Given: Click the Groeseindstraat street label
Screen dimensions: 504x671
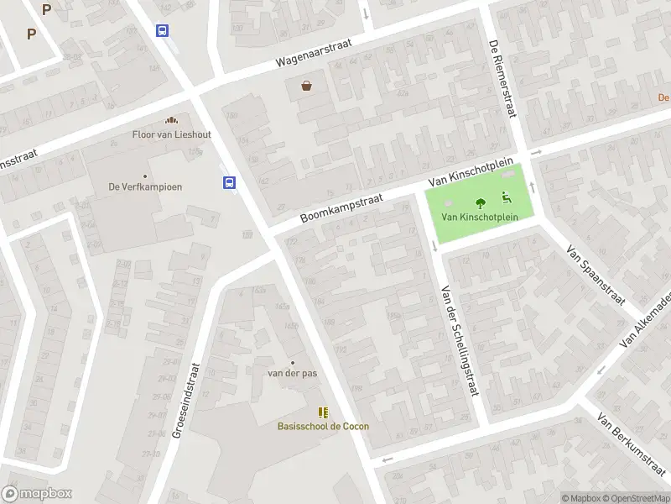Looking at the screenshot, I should (x=185, y=400).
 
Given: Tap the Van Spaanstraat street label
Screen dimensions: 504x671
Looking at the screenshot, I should (x=596, y=275).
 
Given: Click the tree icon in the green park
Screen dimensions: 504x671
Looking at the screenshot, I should (x=481, y=202).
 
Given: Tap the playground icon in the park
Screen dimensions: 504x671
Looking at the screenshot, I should (x=507, y=198).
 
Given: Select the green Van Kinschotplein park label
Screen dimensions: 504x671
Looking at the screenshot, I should (x=480, y=217).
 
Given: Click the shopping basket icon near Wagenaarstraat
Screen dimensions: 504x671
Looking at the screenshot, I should (x=307, y=85).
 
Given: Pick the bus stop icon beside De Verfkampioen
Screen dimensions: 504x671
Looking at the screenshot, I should (x=228, y=182).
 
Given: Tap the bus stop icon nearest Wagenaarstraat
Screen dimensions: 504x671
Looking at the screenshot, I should (x=162, y=30).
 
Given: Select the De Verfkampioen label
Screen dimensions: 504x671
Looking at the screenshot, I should (x=145, y=187).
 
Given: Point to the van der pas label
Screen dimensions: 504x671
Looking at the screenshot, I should (x=292, y=373).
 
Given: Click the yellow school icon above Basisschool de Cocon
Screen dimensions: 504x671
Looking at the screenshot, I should (x=323, y=412).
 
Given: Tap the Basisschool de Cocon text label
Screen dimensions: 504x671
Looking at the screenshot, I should (x=323, y=426).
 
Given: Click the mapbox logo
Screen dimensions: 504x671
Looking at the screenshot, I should (x=36, y=493).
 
